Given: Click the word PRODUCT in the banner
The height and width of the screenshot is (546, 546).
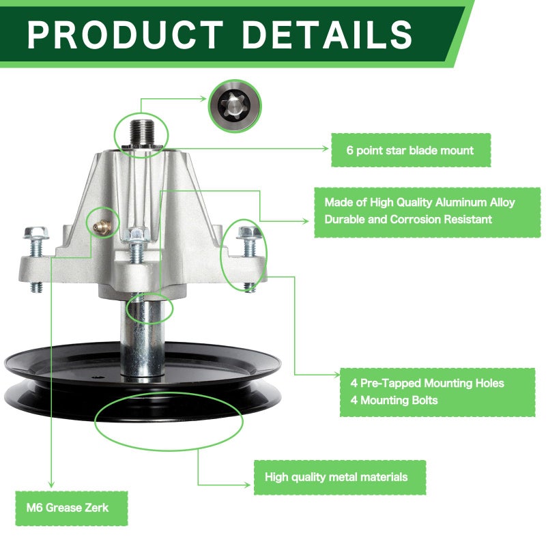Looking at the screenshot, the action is pos(125,35).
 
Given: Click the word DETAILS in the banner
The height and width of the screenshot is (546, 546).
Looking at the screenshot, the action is pos(327,35).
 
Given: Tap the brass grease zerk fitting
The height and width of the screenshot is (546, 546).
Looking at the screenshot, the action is pos(102,226).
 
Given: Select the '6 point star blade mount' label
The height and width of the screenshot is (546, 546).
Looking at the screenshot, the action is pos(411,150).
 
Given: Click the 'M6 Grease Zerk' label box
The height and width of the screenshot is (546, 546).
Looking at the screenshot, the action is pos(72,508).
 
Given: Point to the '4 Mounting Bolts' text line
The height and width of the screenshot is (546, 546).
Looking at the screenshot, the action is pos(394,400).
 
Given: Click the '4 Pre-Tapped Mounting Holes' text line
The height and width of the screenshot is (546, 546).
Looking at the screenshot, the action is pos(427,383).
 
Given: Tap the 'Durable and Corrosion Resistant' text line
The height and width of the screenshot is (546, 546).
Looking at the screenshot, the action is pos(408,219).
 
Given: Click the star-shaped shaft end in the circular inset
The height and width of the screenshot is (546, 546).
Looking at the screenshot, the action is pos(234,106).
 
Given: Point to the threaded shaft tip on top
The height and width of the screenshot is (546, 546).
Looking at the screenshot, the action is pos(143,133).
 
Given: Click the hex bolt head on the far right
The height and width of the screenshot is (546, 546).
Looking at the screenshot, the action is pos(249,231).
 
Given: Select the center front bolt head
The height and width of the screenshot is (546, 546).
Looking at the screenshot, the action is pos(136,234).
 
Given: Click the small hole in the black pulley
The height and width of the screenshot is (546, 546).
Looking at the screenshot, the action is pos(97,377).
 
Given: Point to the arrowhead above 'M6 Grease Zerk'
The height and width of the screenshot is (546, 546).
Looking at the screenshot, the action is pos(51,485).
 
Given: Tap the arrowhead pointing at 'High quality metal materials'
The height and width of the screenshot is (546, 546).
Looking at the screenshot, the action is pos(246,485).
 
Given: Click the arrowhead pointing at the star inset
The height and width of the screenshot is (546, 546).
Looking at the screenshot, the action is pos(203,98).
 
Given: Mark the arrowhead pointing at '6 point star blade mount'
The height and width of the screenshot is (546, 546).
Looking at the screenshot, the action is pos(325,149).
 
